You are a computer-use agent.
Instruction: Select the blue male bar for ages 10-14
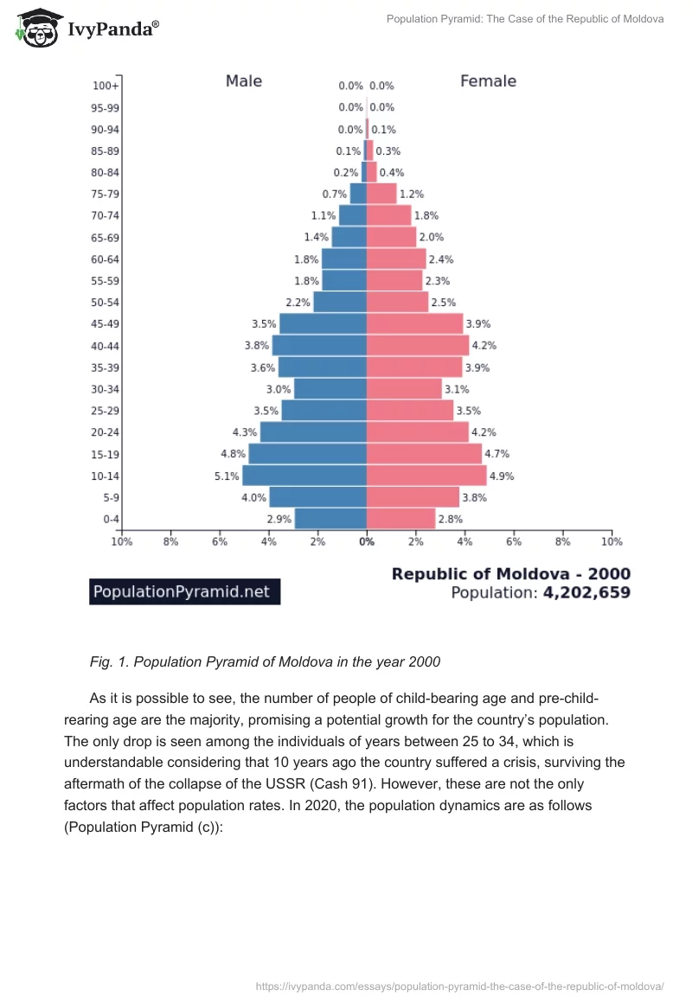304,476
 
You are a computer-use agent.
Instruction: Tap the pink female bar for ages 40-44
418,346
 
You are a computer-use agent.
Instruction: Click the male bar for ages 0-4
330,519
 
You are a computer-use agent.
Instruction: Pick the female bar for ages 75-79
381,194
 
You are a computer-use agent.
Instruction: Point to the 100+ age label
106,86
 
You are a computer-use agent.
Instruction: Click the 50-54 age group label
105,303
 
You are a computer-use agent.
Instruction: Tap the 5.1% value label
226,476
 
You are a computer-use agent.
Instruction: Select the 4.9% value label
502,476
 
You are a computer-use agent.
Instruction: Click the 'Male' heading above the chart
244,81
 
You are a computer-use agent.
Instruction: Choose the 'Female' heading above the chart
488,81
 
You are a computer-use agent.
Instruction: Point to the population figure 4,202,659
586,593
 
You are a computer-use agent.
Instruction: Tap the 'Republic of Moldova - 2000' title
511,573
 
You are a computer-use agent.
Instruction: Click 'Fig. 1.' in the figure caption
108,662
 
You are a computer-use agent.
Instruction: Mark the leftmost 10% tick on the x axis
121,542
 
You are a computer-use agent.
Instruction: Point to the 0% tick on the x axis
367,542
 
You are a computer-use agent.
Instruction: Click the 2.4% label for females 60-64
441,259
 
